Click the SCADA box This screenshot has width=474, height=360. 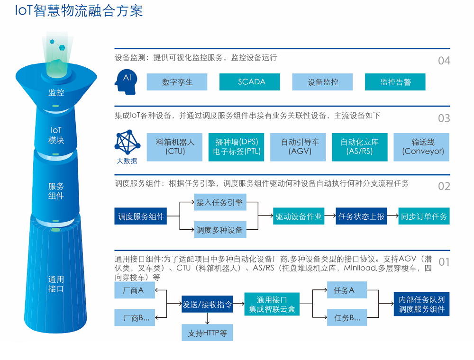pos(249,82)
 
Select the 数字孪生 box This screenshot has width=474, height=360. pos(177,82)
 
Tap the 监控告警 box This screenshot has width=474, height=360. pos(395,82)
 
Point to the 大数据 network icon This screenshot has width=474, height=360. pos(127,142)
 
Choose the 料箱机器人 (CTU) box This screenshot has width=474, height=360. pos(174,147)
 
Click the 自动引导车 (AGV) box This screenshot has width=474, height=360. pos(298,147)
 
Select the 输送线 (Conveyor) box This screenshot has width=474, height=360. pos(421,147)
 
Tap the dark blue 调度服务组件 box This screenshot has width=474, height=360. pos(141,216)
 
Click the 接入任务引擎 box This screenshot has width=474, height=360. pos(220,202)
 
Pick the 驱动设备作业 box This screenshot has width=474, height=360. pos(299,216)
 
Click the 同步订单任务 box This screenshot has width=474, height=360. pos(424,216)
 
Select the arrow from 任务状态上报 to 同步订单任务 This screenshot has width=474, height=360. pos(392,216)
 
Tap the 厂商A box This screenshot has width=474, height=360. pos(135,290)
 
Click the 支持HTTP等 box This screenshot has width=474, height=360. pos(207,333)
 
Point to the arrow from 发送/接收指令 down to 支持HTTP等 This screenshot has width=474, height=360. pos(207,318)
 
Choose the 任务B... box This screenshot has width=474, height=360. pos(347,317)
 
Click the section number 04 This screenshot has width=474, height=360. pos(444,61)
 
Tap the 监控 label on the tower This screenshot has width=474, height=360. pos(56,92)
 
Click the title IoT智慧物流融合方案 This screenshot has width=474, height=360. pos(79,11)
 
